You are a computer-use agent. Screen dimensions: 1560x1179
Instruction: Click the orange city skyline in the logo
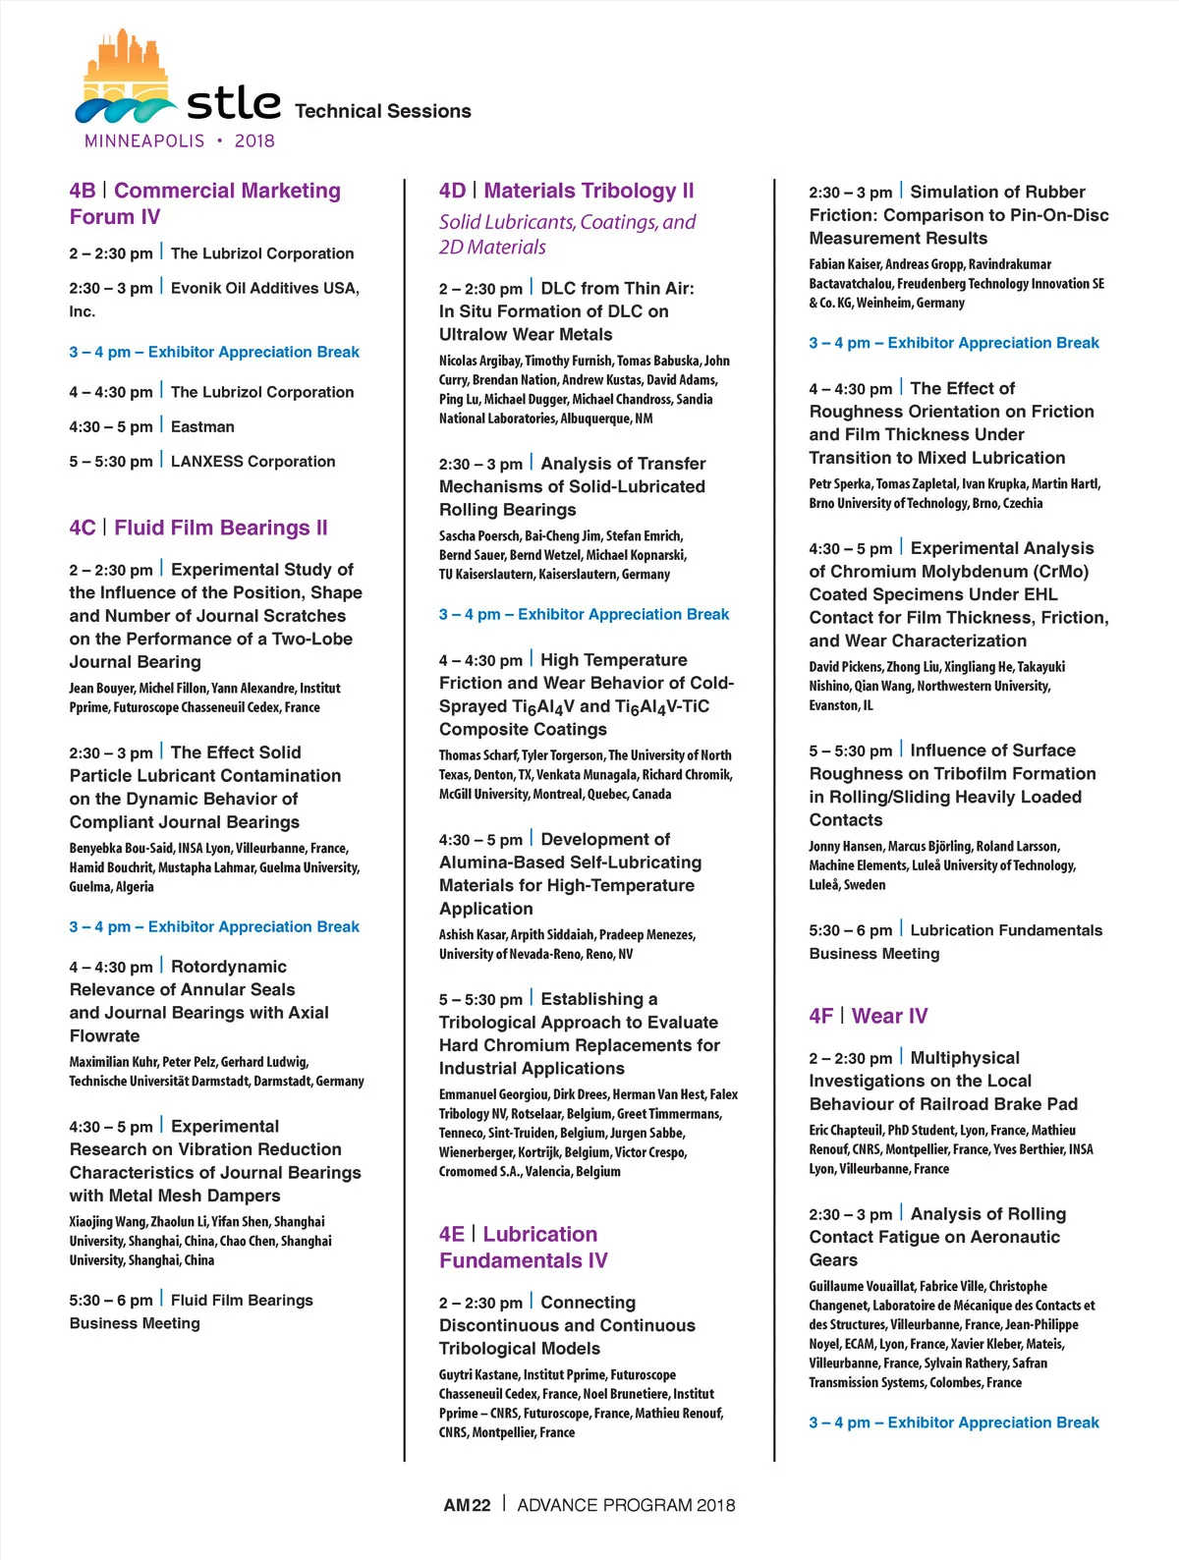click(x=123, y=61)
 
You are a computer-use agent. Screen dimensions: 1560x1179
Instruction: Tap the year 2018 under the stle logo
click(x=253, y=140)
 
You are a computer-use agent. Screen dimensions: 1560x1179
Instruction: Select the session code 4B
click(x=83, y=191)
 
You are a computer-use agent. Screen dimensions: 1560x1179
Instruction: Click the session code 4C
click(x=83, y=528)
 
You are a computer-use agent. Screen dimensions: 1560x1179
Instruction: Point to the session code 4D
click(x=452, y=191)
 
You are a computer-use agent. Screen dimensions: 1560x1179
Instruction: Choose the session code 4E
click(x=452, y=1234)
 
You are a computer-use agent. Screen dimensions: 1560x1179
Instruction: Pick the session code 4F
click(x=821, y=1016)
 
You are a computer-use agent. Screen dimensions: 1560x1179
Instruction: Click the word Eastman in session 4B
click(x=202, y=426)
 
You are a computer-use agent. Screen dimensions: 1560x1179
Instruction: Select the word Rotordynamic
click(x=229, y=967)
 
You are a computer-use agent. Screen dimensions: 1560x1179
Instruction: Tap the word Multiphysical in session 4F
click(x=965, y=1058)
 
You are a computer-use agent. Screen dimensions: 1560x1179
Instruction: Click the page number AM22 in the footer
click(x=467, y=1505)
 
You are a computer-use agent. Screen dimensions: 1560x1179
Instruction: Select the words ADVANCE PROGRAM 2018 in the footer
click(x=626, y=1505)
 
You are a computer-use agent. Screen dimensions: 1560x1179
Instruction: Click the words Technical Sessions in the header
click(x=382, y=111)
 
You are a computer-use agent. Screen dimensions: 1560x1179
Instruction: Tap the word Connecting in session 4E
click(x=588, y=1303)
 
